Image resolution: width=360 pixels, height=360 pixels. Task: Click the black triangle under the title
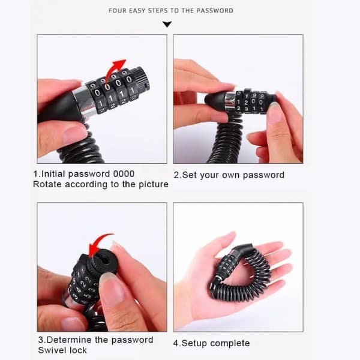click(x=167, y=24)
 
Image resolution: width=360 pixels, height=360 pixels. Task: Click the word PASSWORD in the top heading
click(x=215, y=11)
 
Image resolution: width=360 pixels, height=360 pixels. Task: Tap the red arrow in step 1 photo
click(x=115, y=70)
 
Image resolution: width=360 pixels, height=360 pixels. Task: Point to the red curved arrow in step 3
click(x=99, y=245)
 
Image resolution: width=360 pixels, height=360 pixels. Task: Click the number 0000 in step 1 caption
click(x=124, y=174)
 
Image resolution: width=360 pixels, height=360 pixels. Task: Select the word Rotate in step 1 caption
click(x=47, y=184)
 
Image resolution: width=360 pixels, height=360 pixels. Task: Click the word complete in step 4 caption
click(x=230, y=343)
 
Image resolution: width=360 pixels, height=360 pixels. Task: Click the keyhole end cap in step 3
click(x=103, y=260)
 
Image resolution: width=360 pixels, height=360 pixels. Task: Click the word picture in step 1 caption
click(x=154, y=184)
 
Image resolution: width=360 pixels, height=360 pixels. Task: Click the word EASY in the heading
click(x=137, y=11)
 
